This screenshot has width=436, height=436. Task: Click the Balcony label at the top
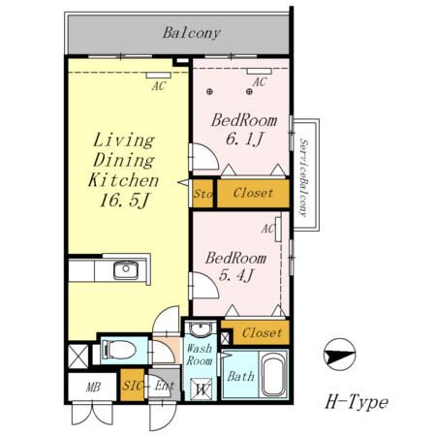pos(192,33)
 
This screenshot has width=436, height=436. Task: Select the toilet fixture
pos(118,350)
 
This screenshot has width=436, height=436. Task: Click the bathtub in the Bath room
pos(274,375)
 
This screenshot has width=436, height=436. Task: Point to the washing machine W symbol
pos(202,389)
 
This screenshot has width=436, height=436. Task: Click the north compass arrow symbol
pos(339,355)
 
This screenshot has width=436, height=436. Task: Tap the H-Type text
pos(357,402)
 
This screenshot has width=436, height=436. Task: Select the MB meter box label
pos(93,387)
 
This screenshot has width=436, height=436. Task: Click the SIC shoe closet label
pos(133,386)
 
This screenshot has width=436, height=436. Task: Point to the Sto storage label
pos(202,194)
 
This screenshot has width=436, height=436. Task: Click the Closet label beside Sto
pos(253,193)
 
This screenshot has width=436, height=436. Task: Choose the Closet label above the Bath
pos(262,332)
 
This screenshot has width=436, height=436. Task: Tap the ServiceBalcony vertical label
pos(303,178)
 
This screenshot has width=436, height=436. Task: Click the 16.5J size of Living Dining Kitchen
pos(124,201)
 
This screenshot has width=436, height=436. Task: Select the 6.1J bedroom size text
pos(245,140)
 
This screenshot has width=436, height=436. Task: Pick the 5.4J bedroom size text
pos(235,275)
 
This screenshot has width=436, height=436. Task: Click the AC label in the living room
pos(159,86)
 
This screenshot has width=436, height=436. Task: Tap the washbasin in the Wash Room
pos(200,329)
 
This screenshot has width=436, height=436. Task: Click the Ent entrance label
pos(164,386)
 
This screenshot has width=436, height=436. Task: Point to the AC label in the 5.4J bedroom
pos(267,229)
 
